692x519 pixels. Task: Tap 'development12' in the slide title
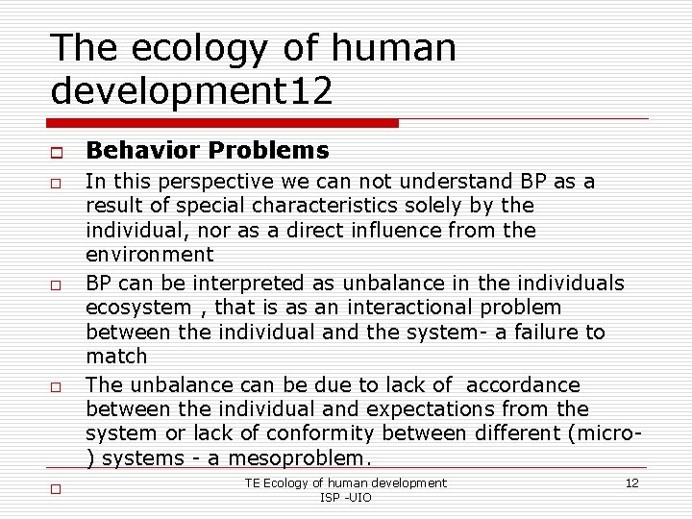(192, 91)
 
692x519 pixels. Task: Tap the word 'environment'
(150, 255)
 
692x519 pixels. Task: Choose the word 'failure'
(542, 332)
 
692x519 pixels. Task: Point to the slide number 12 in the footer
(631, 482)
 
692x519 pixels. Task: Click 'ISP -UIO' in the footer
(345, 497)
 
